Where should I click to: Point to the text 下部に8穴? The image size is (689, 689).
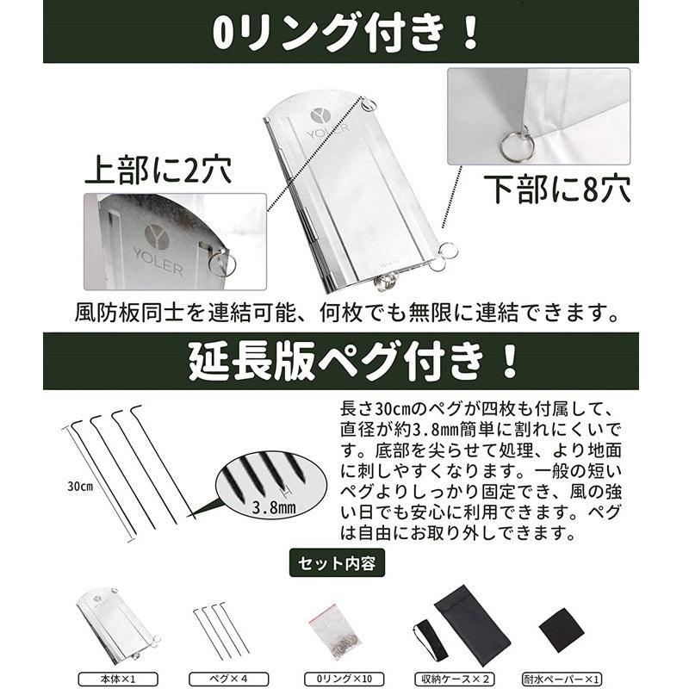tap(556, 187)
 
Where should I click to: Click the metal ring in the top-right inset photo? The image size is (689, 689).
tap(515, 142)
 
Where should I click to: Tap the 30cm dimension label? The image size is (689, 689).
tap(80, 486)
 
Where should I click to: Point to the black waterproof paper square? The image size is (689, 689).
tap(561, 630)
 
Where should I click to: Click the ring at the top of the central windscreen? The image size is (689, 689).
tap(371, 106)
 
